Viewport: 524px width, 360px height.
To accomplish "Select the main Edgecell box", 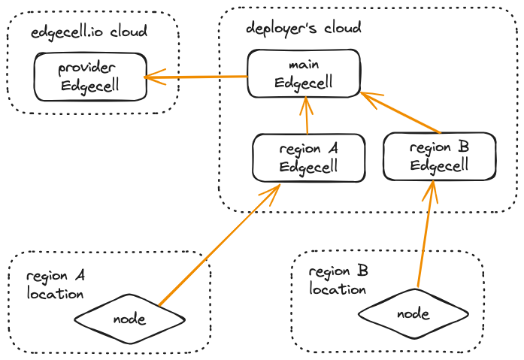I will point(304,74).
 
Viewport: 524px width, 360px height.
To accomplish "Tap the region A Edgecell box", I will point(308,158).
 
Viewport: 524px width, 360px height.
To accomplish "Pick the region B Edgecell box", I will point(440,156).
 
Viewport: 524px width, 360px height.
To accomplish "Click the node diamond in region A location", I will point(129,319).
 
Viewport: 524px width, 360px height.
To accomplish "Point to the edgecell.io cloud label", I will point(89,32).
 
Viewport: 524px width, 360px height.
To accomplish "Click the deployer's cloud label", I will point(304,29).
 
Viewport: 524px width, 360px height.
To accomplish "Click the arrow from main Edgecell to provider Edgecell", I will point(197,77).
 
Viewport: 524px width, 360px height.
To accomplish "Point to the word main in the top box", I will point(304,65).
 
